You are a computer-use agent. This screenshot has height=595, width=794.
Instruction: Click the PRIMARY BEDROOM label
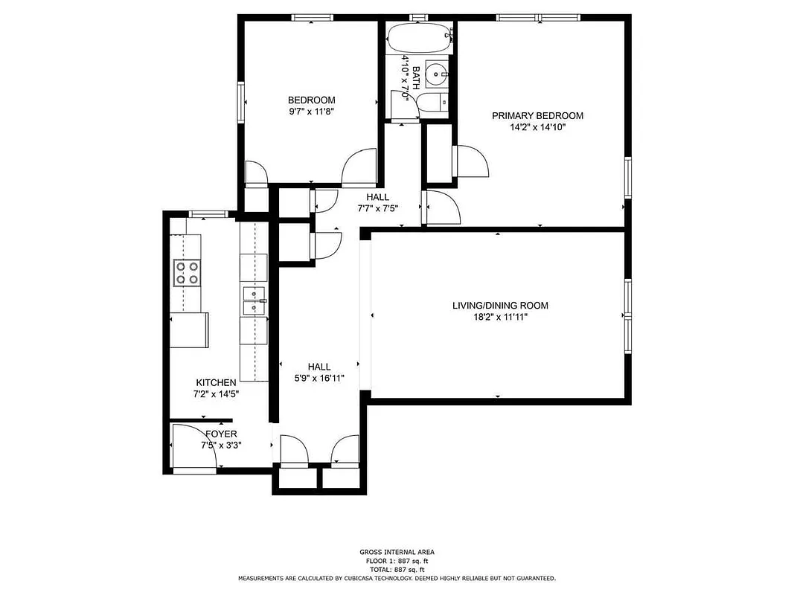[x=537, y=115]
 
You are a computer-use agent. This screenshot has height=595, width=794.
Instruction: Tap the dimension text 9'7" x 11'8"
[x=312, y=112]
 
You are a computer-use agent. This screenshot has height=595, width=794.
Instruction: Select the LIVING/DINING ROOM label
[x=500, y=305]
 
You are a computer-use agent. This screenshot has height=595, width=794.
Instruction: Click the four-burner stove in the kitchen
[x=187, y=272]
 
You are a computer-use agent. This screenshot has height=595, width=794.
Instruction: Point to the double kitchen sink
[x=253, y=301]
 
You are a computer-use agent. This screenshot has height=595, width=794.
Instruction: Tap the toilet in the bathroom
[x=432, y=103]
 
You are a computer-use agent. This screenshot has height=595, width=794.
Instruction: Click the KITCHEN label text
[x=216, y=382]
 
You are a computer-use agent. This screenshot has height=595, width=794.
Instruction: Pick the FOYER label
[x=221, y=434]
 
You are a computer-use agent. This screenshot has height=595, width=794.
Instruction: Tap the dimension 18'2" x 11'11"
[x=500, y=317]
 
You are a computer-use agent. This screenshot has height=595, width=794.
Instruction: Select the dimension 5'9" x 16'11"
[x=319, y=378]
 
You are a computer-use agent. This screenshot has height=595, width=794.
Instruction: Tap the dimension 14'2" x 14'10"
[x=537, y=127]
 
